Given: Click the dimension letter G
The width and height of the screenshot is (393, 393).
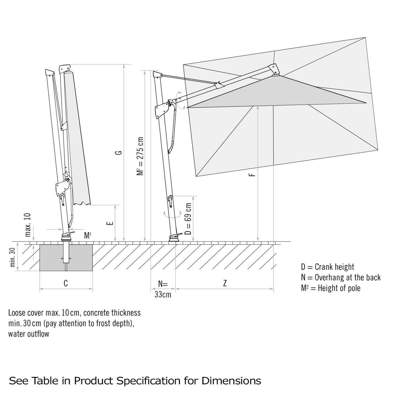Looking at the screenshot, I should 120,152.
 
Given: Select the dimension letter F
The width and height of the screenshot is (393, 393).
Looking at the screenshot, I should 254,173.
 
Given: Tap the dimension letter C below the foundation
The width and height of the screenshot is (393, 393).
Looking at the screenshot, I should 66,283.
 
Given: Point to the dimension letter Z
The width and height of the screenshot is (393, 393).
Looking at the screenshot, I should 224,283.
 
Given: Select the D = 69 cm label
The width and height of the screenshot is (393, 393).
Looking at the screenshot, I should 188,219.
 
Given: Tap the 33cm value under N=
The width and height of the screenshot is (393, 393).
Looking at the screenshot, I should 163,294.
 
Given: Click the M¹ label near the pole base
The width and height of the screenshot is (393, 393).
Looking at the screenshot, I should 88,235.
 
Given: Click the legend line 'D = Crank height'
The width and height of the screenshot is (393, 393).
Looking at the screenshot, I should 327,267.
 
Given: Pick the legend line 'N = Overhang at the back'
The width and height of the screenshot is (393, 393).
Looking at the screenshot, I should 340,277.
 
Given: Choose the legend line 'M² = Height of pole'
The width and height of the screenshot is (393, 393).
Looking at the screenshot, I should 330,288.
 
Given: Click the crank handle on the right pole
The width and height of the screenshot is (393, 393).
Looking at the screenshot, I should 170,201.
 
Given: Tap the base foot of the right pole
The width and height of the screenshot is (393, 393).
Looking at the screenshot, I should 175,238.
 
